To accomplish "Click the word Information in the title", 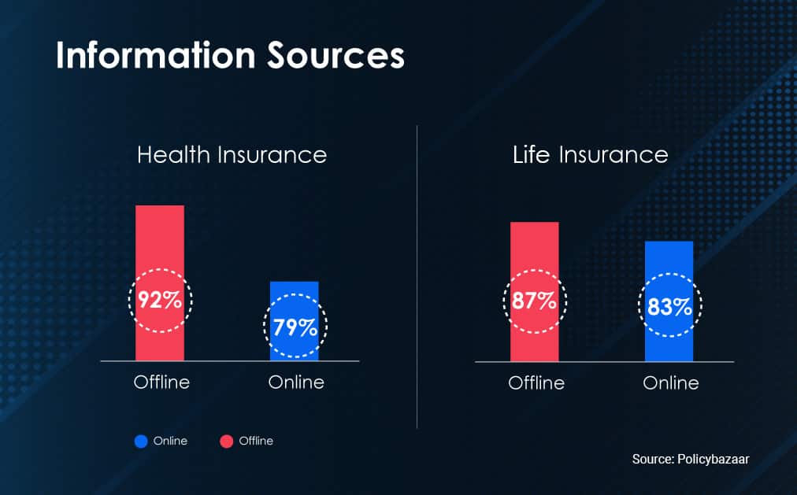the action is coord(155,55).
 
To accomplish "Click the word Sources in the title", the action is coord(336,55).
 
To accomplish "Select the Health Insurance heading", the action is coord(232,155).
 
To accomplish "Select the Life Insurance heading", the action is coord(590,155).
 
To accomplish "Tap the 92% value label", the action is coord(160,300).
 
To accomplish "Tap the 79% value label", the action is coord(295,327).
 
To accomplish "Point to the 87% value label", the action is coord(534,301).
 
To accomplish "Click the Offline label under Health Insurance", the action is coord(161,382).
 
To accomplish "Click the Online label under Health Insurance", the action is coord(296,382).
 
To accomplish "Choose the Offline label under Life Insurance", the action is coord(536,382).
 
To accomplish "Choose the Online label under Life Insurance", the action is coord(671,382).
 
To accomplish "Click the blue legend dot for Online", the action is coord(141,441).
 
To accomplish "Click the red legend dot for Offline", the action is coord(226,441).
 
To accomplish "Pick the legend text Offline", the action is coord(256,441).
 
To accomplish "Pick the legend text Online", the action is coord(170,441).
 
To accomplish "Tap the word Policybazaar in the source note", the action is coord(714,460).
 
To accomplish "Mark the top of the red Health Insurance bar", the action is coord(160,205).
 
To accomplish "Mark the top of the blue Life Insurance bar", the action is coord(669,242).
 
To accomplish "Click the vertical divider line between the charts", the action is coord(417,277).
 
